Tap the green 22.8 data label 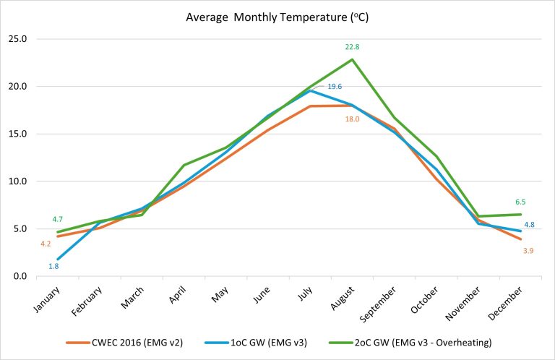pos(352,47)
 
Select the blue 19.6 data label pos(335,87)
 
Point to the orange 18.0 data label pos(352,119)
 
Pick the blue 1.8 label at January pos(53,266)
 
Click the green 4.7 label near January pos(58,219)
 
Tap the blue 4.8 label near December pos(529,225)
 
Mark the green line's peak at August pos(352,60)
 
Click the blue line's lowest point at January pos(56,259)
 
